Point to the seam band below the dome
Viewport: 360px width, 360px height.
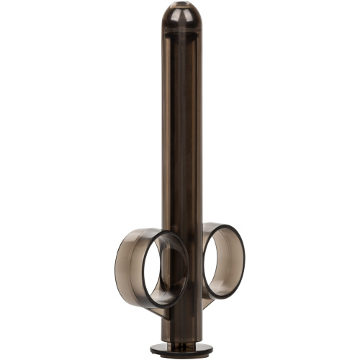pos(179,32)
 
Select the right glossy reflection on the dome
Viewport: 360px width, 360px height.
pos(189,13)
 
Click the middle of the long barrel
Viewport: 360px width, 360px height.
pos(179,130)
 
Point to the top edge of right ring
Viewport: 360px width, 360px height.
pos(220,225)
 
